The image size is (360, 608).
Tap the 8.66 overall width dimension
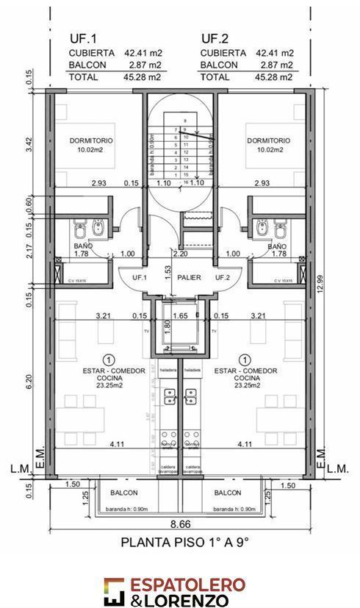pyautogui.click(x=181, y=524)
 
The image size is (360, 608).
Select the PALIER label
pyautogui.click(x=179, y=278)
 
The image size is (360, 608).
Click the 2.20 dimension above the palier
pyautogui.click(x=180, y=254)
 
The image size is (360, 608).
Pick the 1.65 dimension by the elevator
pyautogui.click(x=180, y=316)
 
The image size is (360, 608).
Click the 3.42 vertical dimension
pyautogui.click(x=28, y=145)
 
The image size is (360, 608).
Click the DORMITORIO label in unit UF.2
pyautogui.click(x=268, y=140)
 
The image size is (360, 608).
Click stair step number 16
pyautogui.click(x=186, y=182)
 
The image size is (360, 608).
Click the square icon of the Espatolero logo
pyautogui.click(x=114, y=590)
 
